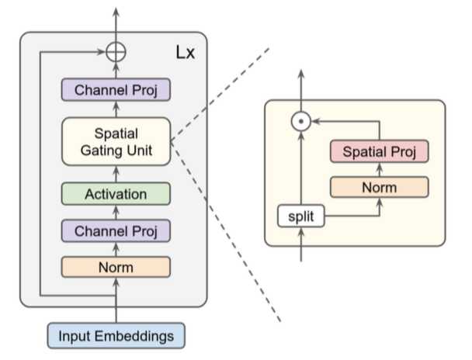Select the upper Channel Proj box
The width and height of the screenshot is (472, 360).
(x=116, y=91)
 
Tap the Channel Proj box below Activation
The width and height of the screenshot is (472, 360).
(x=116, y=231)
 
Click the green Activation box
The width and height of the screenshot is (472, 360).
(x=116, y=193)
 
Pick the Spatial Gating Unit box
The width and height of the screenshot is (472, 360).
(x=116, y=140)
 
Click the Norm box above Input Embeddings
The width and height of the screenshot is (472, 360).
(x=116, y=268)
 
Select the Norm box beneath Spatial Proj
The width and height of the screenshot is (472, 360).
(x=379, y=188)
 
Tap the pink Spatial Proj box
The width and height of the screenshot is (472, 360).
(x=379, y=151)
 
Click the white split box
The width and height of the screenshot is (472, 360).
(x=300, y=217)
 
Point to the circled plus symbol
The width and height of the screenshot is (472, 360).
(x=116, y=54)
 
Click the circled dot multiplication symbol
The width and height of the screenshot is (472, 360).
(x=300, y=121)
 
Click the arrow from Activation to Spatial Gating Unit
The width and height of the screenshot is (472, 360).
(x=116, y=173)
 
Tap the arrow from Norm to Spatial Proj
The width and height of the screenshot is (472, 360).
(x=379, y=169)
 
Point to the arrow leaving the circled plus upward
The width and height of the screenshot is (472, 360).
(x=116, y=23)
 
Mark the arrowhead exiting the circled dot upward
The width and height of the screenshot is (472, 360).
(x=300, y=74)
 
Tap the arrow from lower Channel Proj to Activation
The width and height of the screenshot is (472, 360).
(x=116, y=212)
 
